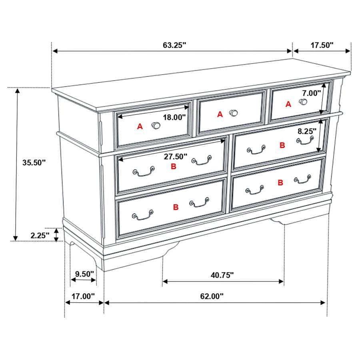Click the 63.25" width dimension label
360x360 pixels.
coord(175,45)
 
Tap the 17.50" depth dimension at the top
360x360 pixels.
coord(322,45)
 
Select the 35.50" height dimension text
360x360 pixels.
coord(34,162)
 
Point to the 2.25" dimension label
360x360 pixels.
coord(40,235)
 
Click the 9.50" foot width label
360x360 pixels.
coord(84,274)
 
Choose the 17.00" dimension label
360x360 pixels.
coord(83,296)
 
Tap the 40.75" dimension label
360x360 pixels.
coord(222,275)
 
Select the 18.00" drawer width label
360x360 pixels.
coord(174,117)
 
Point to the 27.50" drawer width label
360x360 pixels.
coord(176,157)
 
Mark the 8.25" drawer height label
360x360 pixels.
coord(306,131)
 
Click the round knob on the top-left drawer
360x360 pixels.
coord(156,126)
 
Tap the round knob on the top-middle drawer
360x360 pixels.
coord(233,113)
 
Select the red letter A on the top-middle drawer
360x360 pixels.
coord(220,115)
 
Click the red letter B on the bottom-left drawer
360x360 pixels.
coord(176,207)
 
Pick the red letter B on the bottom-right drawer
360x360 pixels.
coord(281,183)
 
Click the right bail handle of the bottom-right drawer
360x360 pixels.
coord(302,180)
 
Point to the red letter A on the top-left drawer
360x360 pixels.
coord(140,127)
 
